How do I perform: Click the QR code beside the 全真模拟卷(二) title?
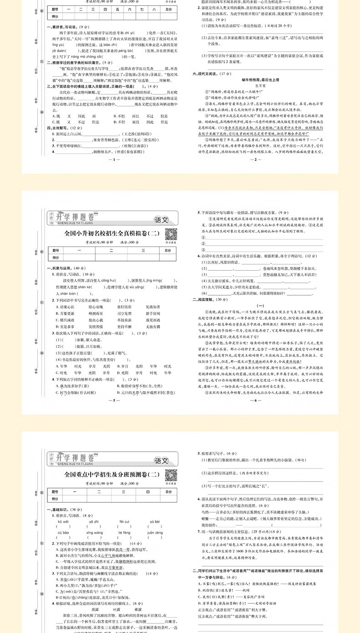[170, 234]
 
